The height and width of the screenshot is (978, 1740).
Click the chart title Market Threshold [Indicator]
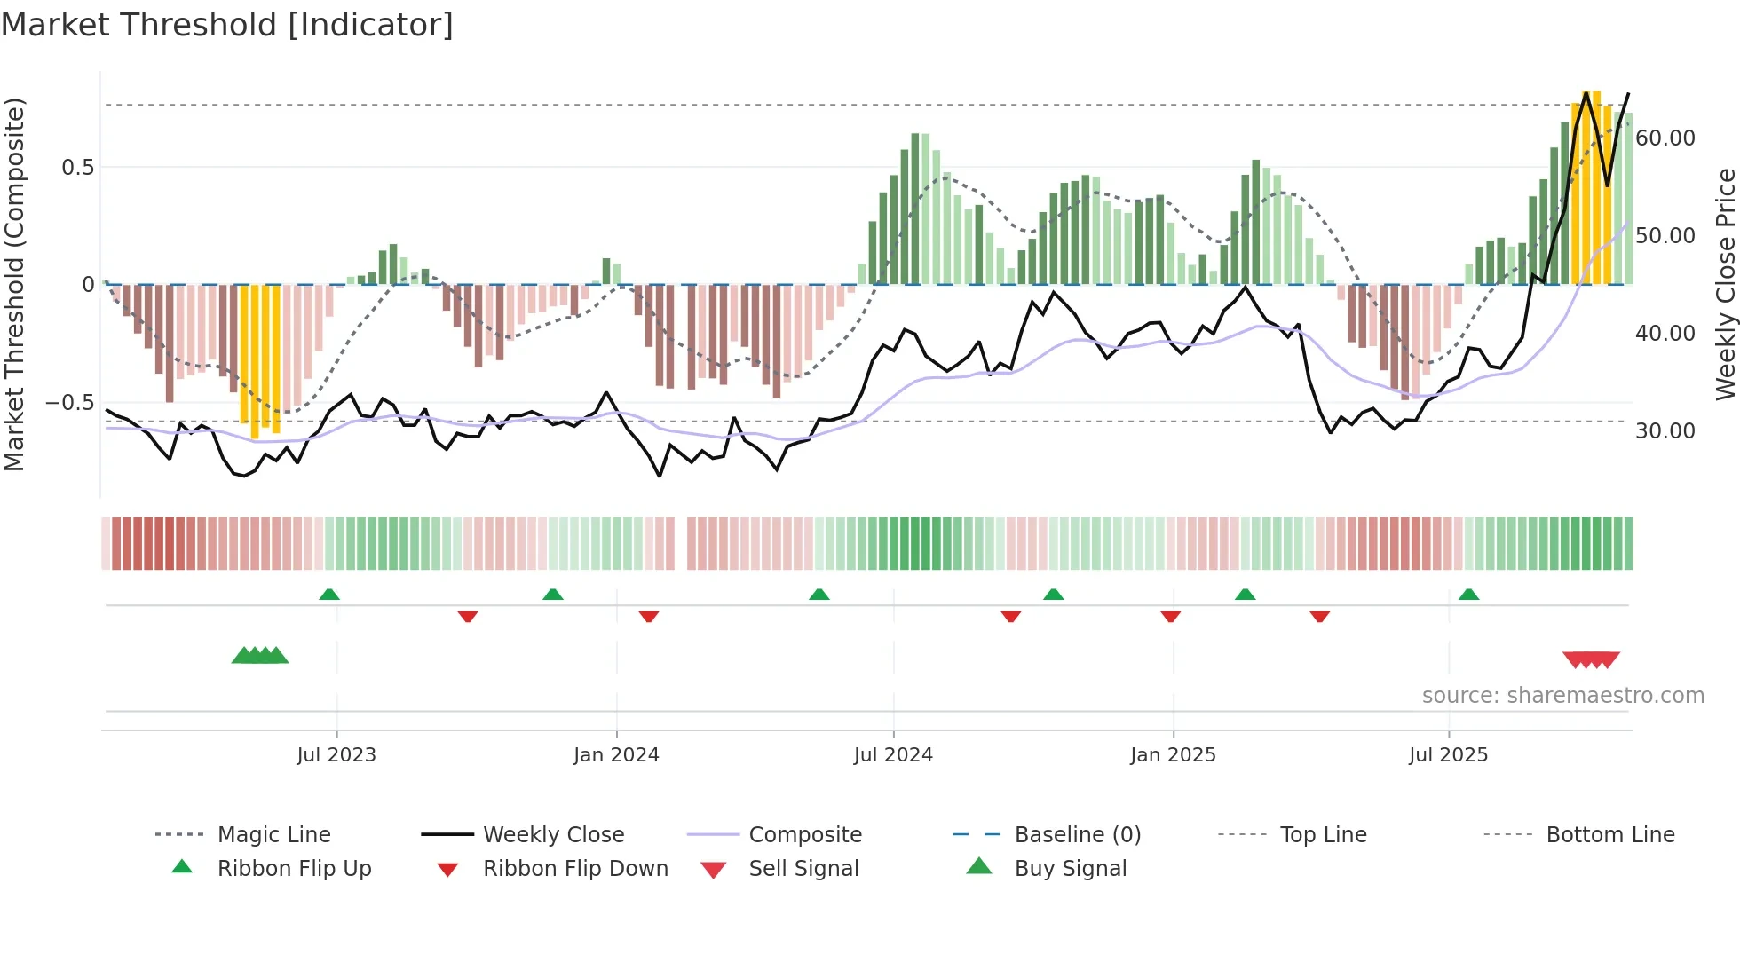point(227,25)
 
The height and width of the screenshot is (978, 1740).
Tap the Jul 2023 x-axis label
point(336,755)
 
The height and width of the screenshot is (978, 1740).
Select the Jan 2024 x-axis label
point(616,755)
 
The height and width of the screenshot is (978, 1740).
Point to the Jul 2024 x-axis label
point(893,755)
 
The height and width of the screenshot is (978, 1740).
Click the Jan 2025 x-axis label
point(1173,755)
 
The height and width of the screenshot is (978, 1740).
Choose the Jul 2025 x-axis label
point(1448,755)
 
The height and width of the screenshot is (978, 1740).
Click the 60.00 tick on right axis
point(1665,138)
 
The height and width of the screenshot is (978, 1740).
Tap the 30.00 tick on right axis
point(1665,431)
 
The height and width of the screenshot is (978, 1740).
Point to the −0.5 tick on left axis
point(70,403)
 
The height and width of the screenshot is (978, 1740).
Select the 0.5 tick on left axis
point(78,168)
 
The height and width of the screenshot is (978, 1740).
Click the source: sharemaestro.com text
point(1562,696)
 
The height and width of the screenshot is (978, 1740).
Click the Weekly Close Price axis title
point(1725,284)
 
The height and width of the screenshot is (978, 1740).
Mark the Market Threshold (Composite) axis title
point(15,284)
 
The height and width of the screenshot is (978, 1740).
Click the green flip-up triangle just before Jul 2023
point(329,595)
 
